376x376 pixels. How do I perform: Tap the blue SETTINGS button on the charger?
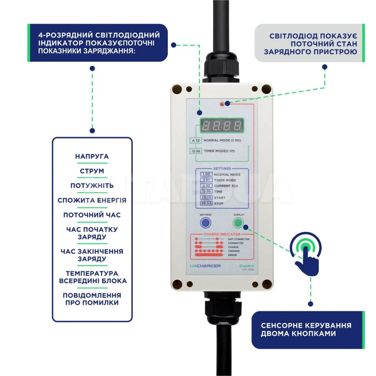click(205, 223)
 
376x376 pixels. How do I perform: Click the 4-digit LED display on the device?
click(222, 125)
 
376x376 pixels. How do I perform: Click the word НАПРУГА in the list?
click(92, 156)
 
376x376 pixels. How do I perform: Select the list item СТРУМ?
click(92, 171)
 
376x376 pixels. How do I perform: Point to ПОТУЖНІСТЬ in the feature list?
click(92, 186)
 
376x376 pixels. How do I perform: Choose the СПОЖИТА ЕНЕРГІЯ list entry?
click(92, 200)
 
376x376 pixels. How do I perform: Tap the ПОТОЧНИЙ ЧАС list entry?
click(92, 215)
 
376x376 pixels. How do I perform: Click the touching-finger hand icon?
click(306, 254)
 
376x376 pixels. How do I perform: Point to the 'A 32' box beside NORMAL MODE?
click(195, 141)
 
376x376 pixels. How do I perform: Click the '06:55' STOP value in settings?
click(206, 203)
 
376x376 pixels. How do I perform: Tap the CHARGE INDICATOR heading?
click(222, 234)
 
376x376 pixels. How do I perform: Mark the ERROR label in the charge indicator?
click(232, 255)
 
